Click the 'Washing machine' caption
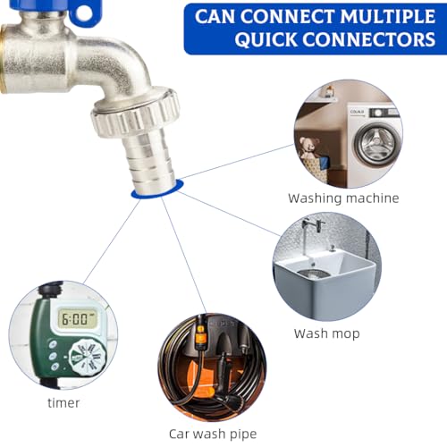343,198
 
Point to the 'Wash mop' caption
326,333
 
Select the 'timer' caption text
63,402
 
